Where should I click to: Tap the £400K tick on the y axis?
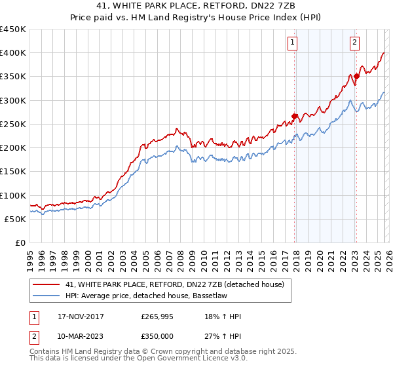(x=12, y=53)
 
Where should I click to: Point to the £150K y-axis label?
(x=12, y=172)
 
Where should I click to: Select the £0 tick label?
(x=20, y=243)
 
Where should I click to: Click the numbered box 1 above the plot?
(x=292, y=43)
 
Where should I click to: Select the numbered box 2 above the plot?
(x=354, y=43)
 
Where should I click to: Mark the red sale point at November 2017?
(x=295, y=117)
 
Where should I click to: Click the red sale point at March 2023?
(x=356, y=77)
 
